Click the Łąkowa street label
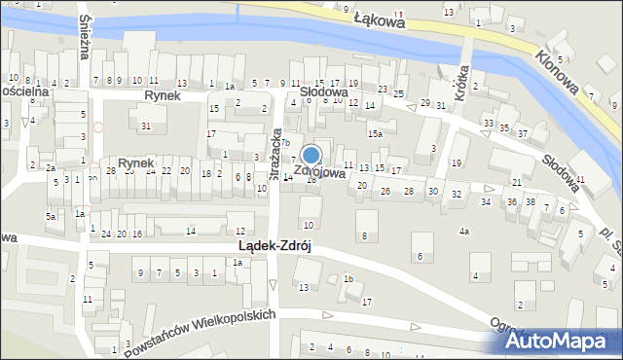380,18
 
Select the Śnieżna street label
87,38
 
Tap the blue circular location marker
311,155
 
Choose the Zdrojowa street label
320,172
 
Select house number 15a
375,132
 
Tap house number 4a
465,232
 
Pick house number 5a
50,216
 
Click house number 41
580,180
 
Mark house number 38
531,201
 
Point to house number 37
523,133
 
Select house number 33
488,124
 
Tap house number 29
425,103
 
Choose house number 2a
50,167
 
